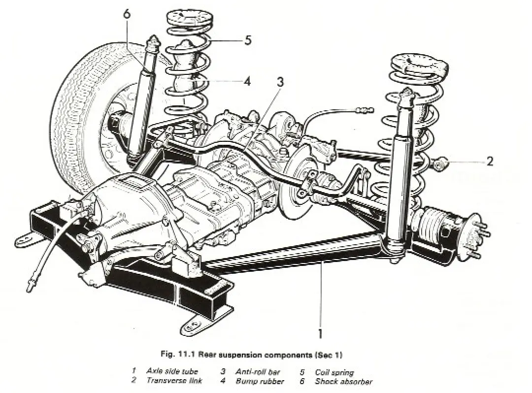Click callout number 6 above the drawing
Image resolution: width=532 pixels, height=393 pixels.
click(127, 14)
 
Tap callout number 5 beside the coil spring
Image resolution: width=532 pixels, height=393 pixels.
click(247, 40)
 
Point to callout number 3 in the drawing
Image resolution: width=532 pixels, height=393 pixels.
click(280, 82)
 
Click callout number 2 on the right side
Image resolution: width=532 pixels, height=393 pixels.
click(489, 161)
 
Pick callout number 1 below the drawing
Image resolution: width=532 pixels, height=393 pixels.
click(320, 334)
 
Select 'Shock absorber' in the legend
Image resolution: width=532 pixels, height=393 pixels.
click(343, 381)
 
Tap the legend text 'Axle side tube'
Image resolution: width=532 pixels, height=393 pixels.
click(172, 371)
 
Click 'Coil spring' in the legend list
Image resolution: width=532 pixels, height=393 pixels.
click(334, 372)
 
